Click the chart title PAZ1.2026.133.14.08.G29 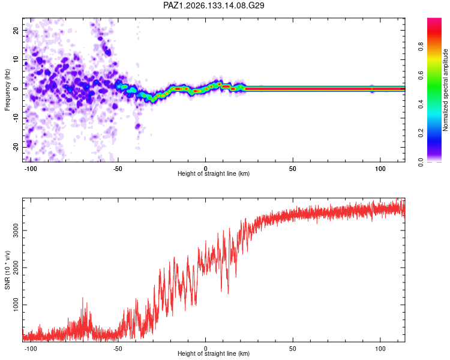[x=214, y=5]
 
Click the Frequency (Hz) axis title [x=7, y=90]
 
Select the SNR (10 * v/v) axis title [x=7, y=270]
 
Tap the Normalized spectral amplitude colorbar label [x=445, y=90]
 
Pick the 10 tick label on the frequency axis [x=16, y=59]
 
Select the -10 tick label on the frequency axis [x=16, y=118]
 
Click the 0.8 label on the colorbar [x=421, y=47]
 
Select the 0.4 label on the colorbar [x=421, y=104]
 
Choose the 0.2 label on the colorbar [x=421, y=133]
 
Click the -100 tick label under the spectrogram [x=31, y=169]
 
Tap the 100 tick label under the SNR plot [x=380, y=349]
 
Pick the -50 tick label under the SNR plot [x=118, y=349]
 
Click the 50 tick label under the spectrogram [x=293, y=169]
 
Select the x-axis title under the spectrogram [x=214, y=173]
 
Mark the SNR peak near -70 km [x=83, y=298]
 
